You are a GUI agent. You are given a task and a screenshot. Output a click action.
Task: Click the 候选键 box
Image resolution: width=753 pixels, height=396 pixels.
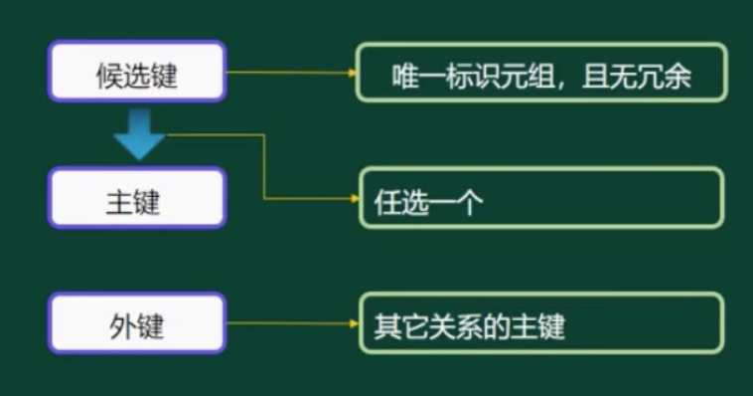[137, 72]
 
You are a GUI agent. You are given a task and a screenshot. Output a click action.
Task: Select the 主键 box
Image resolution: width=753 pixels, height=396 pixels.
[137, 198]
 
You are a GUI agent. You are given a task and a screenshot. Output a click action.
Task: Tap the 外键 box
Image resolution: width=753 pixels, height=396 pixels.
[137, 323]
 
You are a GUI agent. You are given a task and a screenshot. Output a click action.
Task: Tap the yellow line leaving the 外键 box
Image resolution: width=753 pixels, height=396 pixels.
[288, 323]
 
